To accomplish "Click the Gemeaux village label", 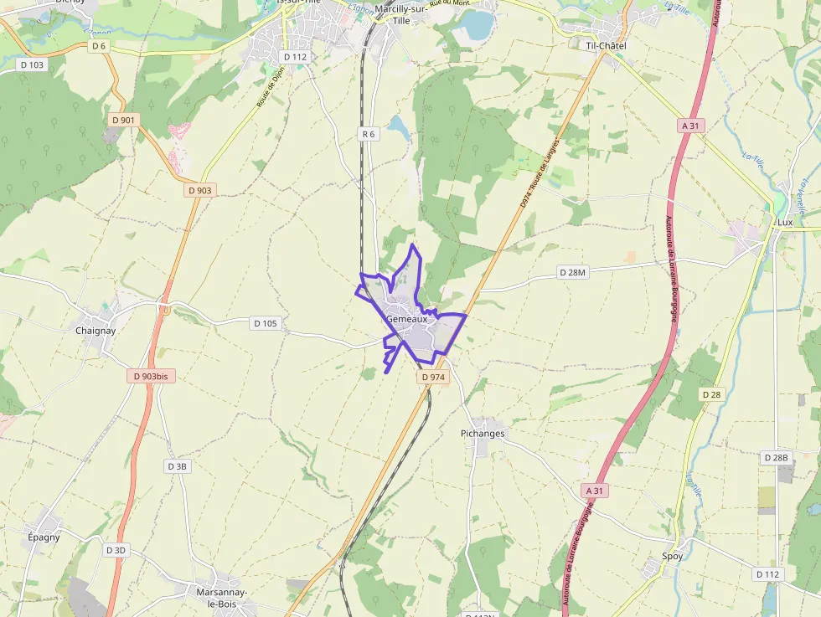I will tap(407, 319).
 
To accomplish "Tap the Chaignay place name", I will tap(96, 331).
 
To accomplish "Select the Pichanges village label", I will tap(483, 434).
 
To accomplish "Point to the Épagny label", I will tap(44, 537).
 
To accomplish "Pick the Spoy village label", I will tap(672, 556).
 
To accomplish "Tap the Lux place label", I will tap(785, 223).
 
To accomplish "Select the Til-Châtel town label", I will tap(606, 45).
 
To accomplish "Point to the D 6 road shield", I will tap(100, 45).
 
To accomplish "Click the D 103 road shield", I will tap(33, 64).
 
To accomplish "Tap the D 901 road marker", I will tap(123, 121).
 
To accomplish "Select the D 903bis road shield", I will tap(150, 377).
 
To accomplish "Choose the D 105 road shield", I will tap(264, 323).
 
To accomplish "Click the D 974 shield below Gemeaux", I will tap(433, 378).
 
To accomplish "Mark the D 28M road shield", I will tap(574, 273).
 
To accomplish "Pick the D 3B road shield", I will tap(177, 466).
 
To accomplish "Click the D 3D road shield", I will tap(116, 550).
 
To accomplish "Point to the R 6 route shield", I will tap(368, 134).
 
